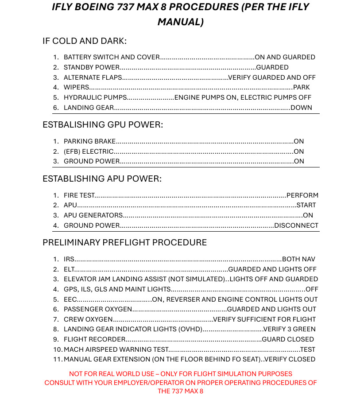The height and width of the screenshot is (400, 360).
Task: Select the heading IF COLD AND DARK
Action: [85, 41]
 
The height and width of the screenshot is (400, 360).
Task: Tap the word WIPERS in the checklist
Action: [76, 87]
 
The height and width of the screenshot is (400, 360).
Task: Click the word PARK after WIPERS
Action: [302, 87]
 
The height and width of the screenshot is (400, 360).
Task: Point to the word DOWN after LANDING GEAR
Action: [301, 108]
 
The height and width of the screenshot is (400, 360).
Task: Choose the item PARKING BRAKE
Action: [89, 141]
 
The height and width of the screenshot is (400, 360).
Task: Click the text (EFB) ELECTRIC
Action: [88, 151]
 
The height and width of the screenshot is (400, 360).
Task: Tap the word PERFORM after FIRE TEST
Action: [302, 195]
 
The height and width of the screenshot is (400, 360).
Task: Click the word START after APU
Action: [306, 205]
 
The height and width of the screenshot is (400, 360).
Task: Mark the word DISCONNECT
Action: [296, 225]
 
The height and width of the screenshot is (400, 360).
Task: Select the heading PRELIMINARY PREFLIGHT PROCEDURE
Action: [124, 243]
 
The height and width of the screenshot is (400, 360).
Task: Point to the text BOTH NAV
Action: [298, 259]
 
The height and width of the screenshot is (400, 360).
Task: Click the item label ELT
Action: [69, 269]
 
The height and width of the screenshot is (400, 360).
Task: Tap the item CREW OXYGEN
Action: [88, 319]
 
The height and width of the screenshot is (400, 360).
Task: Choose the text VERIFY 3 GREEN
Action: [289, 329]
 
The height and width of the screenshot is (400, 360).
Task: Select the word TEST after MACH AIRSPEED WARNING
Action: [308, 350]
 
